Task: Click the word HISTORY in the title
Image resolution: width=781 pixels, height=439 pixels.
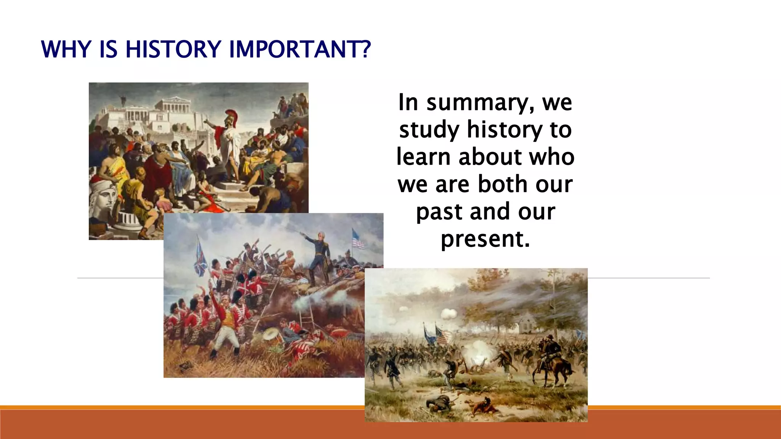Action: tap(173, 50)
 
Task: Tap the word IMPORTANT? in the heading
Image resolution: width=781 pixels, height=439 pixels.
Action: tap(300, 50)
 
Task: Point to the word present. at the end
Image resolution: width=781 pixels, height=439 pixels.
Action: tap(485, 239)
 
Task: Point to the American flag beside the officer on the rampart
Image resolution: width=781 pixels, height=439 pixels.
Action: tap(358, 239)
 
